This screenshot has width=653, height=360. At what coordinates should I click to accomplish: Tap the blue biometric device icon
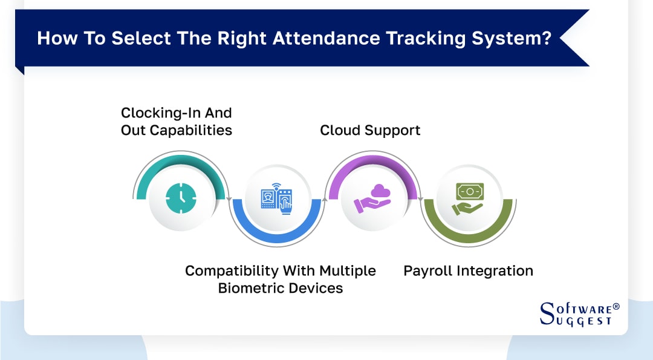(277, 198)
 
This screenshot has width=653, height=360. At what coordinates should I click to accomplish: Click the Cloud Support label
(370, 130)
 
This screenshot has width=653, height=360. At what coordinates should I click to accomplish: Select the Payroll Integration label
(468, 270)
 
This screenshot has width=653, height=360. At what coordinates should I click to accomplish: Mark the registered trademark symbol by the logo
(616, 307)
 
